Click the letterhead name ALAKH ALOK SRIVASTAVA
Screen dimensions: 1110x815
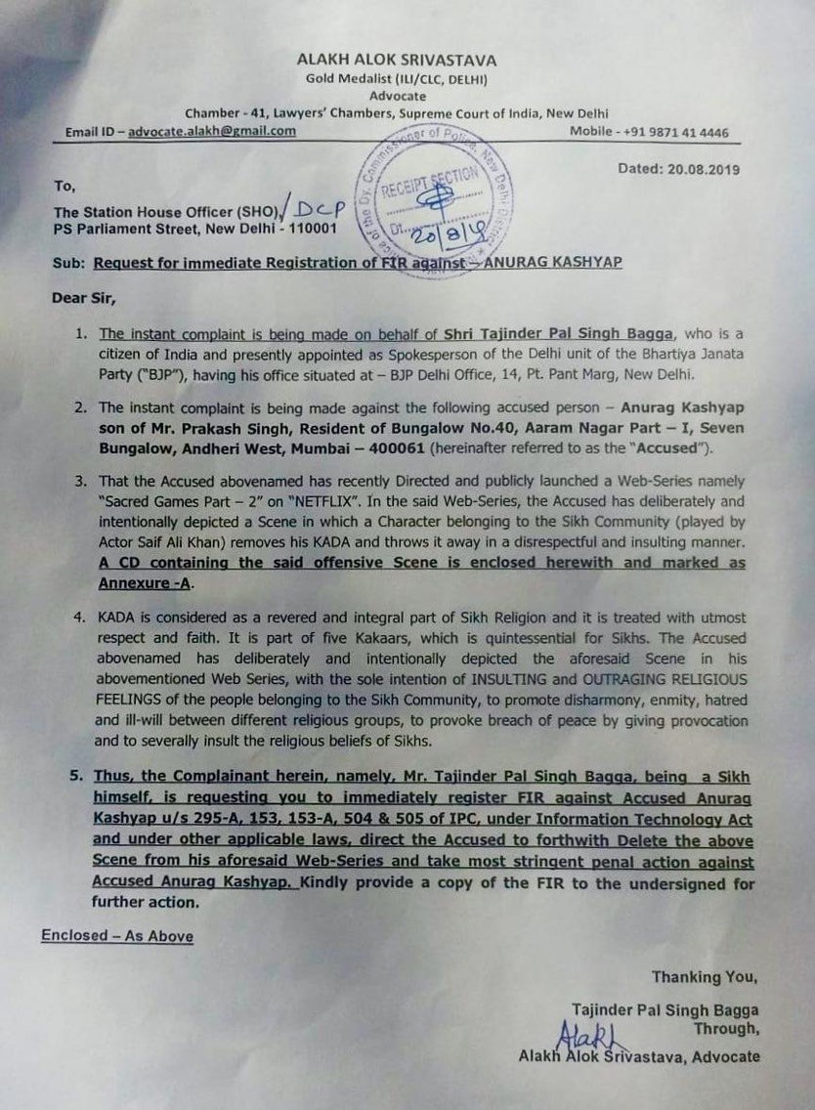(408, 59)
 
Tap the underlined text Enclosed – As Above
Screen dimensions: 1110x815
(117, 936)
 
